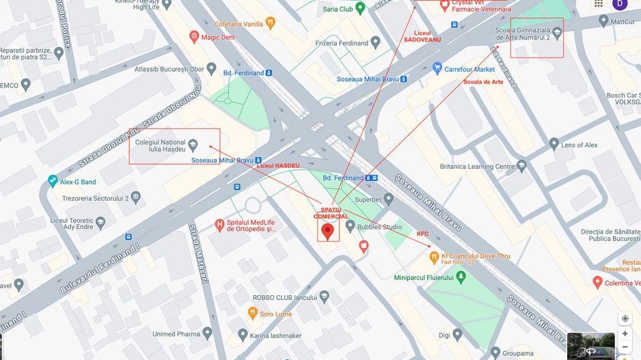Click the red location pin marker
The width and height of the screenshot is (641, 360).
(327, 231)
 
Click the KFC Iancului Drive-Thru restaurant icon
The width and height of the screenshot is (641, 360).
(433, 258)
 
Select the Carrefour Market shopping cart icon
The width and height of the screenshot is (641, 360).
(437, 69)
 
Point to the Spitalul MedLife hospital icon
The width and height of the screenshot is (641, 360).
(219, 225)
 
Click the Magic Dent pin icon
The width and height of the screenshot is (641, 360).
(194, 37)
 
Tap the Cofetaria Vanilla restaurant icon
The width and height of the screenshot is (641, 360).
(271, 23)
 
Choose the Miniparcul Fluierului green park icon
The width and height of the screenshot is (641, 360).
(461, 277)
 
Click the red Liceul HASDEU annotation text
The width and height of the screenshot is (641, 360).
(278, 166)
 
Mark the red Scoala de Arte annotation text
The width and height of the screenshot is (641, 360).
(483, 82)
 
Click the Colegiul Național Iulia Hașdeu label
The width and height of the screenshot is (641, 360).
(161, 146)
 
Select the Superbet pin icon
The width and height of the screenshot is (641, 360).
(389, 199)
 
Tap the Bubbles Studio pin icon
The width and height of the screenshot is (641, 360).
(351, 226)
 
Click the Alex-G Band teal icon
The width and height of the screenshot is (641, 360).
(53, 182)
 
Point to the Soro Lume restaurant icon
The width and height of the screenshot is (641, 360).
(252, 314)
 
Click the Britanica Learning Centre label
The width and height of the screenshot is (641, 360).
(477, 166)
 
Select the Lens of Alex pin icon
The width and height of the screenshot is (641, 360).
(554, 145)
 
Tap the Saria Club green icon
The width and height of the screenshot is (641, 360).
(360, 8)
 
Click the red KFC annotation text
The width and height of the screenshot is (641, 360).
(422, 234)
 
